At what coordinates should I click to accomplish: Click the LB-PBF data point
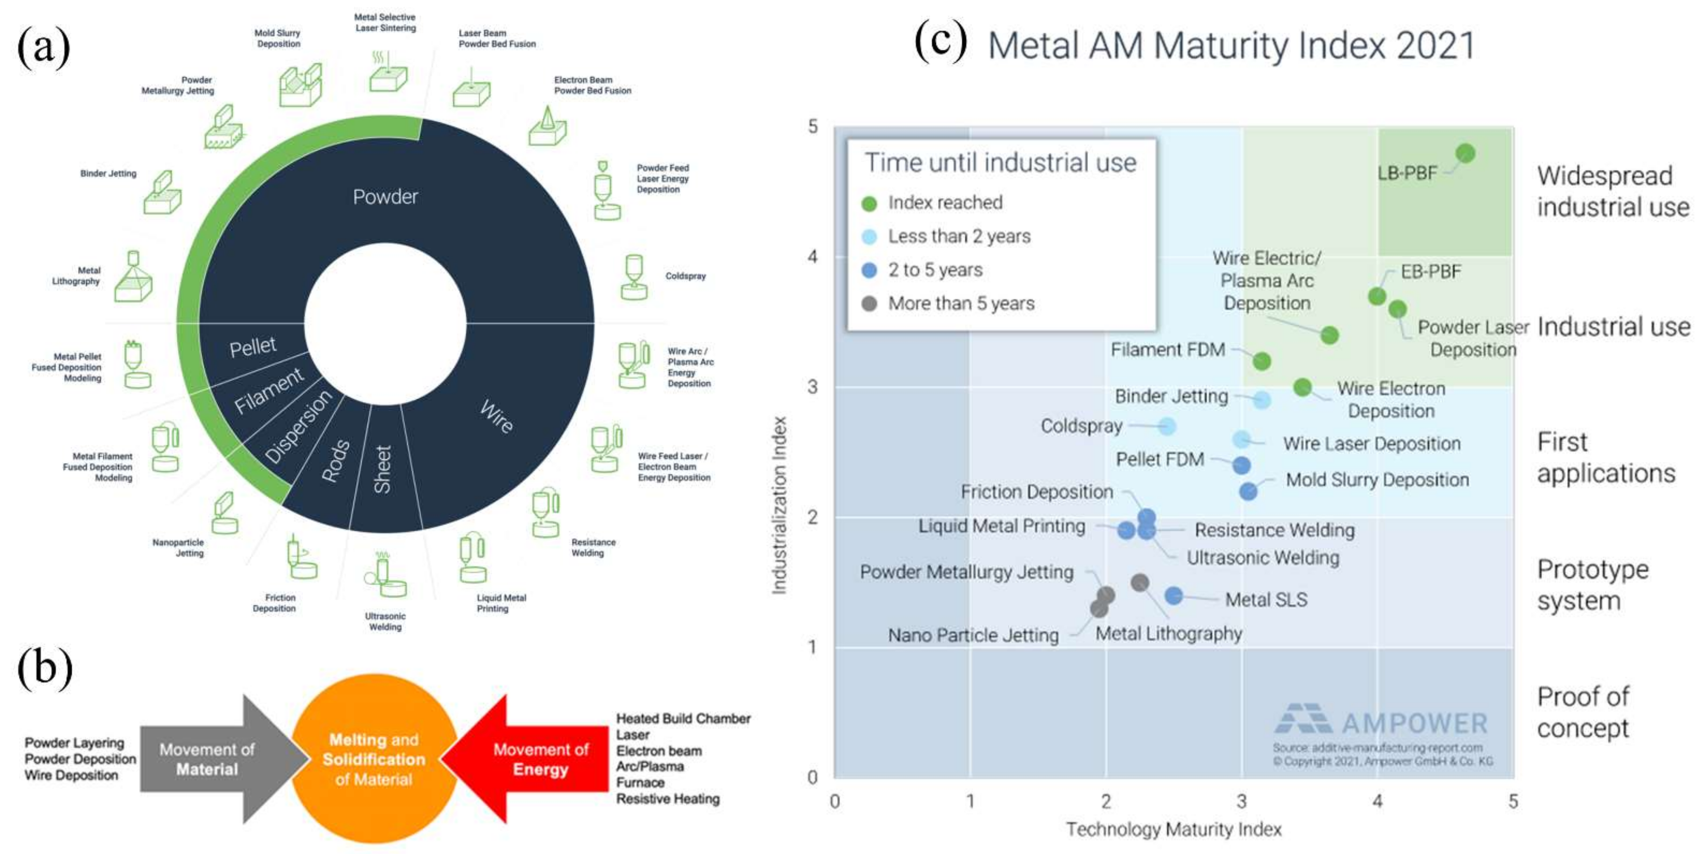pos(1465,153)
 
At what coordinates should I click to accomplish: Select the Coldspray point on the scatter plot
pos(1168,426)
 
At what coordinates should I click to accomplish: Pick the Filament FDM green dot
pos(1261,361)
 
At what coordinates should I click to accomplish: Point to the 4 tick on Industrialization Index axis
pos(812,257)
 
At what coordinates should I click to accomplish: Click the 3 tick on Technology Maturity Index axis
pos(1241,802)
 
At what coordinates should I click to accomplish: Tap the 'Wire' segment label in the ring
pos(496,416)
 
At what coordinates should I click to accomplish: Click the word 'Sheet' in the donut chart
pos(383,469)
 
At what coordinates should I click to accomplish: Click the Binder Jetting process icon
pos(162,193)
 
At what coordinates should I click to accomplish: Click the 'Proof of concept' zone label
pos(1582,712)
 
